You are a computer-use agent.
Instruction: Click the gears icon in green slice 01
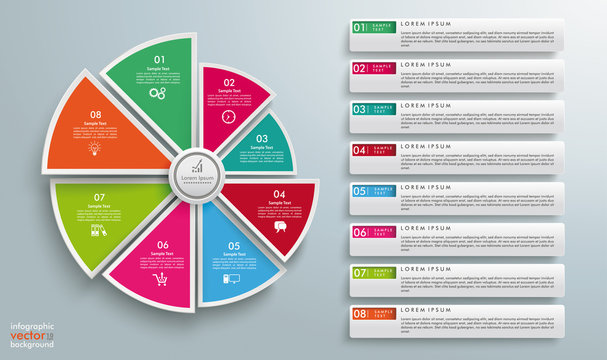(157, 92)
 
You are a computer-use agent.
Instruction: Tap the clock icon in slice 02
(228, 116)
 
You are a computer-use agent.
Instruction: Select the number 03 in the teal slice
(261, 140)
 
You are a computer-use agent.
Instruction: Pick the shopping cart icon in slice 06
(160, 279)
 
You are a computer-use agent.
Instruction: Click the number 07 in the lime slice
(99, 198)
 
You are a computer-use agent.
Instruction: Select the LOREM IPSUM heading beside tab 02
(427, 63)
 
